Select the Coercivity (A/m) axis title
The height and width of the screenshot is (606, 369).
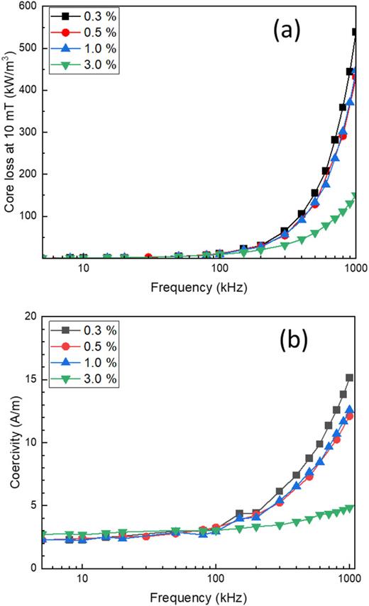click(12, 444)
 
